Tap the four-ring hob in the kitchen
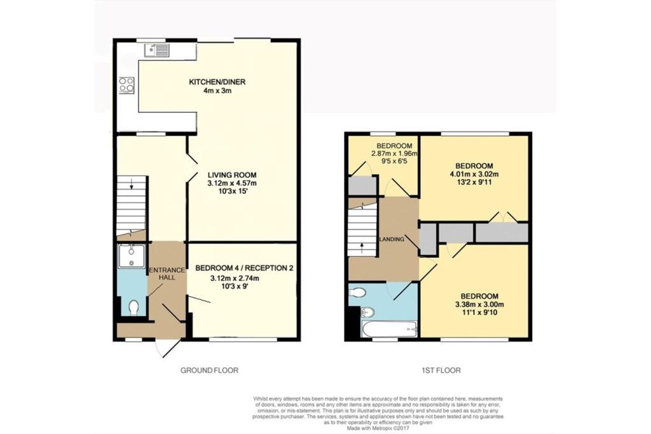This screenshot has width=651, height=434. [x=125, y=85]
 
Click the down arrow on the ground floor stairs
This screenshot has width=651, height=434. [x=131, y=185]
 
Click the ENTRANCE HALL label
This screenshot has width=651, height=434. [x=167, y=274]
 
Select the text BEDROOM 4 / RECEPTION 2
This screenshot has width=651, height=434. [x=244, y=268]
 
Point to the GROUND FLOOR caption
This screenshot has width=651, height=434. [x=209, y=370]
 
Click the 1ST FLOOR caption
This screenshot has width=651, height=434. [x=441, y=370]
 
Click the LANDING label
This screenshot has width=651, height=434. [x=392, y=240]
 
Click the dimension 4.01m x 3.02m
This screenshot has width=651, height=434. [x=474, y=175]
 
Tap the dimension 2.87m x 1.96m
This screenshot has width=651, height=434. [x=394, y=154]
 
